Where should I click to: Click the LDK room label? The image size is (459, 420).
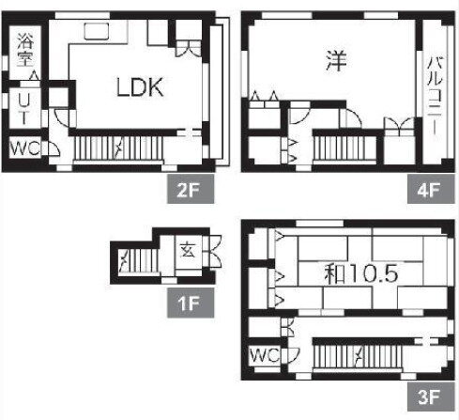coord(140,86)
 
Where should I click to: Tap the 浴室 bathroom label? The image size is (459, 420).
coord(25,50)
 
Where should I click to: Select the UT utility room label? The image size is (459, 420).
coord(24,109)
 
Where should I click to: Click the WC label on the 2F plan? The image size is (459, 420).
coord(24,148)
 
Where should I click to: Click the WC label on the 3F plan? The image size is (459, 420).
coord(265,355)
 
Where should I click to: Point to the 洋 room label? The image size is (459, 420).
coord(336,60)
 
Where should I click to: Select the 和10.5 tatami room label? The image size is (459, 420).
coord(360,273)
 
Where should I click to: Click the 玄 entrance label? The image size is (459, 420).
coord(188,250)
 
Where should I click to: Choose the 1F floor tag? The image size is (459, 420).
coord(191,303)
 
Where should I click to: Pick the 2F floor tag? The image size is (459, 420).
coord(191,189)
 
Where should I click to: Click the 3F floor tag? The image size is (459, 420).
coord(431,397)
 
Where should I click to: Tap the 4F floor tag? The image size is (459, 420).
coord(431,189)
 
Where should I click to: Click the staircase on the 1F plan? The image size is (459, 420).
coord(138,260)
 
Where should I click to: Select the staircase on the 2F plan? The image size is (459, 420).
coord(118,148)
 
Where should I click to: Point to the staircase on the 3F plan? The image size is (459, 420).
coord(358,356)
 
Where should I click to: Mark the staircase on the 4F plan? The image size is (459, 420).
coord(344,148)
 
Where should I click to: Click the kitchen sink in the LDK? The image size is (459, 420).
coord(97,31)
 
